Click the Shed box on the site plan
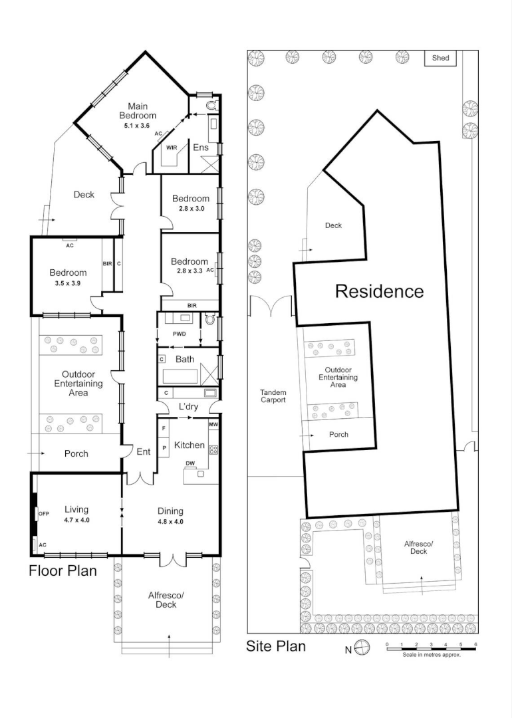(x=441, y=58)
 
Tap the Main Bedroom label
(x=142, y=111)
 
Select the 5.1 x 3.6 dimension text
(x=138, y=126)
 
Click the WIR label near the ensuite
(x=172, y=148)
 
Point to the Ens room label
(x=201, y=148)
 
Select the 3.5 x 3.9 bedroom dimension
(x=67, y=283)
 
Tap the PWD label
(x=179, y=334)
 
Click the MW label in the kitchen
(x=213, y=425)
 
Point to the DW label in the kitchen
(x=190, y=463)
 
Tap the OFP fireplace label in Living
(x=44, y=513)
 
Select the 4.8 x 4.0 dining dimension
(x=170, y=522)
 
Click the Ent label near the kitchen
(x=143, y=451)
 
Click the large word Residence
(x=379, y=291)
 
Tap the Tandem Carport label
(x=273, y=396)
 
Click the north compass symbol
(x=362, y=647)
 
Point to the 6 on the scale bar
(x=476, y=645)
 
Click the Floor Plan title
(x=63, y=570)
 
